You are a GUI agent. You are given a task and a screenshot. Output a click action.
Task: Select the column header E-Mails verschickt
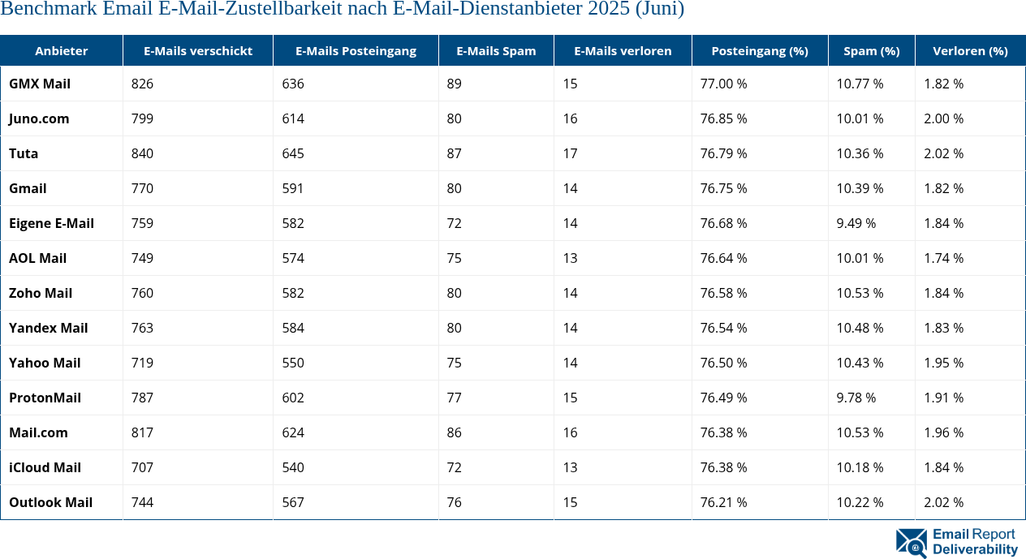(198, 50)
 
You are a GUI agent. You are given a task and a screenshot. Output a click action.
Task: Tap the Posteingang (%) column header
(760, 50)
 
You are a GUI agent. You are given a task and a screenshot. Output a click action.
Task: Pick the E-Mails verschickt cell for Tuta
(142, 153)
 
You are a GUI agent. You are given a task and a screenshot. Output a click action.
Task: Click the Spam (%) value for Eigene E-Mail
(856, 223)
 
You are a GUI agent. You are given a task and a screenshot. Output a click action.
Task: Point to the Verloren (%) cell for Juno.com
(944, 118)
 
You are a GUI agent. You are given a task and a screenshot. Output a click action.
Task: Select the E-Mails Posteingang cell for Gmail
(293, 188)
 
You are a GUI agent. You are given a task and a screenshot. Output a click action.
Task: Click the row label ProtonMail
(45, 398)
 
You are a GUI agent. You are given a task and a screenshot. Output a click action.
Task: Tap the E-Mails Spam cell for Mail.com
(455, 432)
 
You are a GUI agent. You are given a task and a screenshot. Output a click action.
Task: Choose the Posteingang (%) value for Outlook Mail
(724, 502)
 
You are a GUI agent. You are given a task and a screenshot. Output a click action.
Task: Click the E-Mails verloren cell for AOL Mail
(571, 258)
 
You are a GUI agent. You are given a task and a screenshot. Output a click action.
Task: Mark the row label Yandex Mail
(49, 328)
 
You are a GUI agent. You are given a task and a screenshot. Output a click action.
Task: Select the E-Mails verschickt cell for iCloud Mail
(142, 467)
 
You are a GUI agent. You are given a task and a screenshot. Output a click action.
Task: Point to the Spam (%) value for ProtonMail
(856, 398)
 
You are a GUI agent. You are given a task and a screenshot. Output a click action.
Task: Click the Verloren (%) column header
(970, 50)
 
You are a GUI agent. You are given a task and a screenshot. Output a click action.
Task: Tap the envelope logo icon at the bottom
(912, 543)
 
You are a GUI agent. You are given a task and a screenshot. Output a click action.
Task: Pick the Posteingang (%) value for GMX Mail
(724, 84)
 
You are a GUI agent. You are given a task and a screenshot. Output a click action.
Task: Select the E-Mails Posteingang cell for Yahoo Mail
(293, 363)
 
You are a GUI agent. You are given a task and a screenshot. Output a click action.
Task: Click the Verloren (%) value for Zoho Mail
(944, 293)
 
